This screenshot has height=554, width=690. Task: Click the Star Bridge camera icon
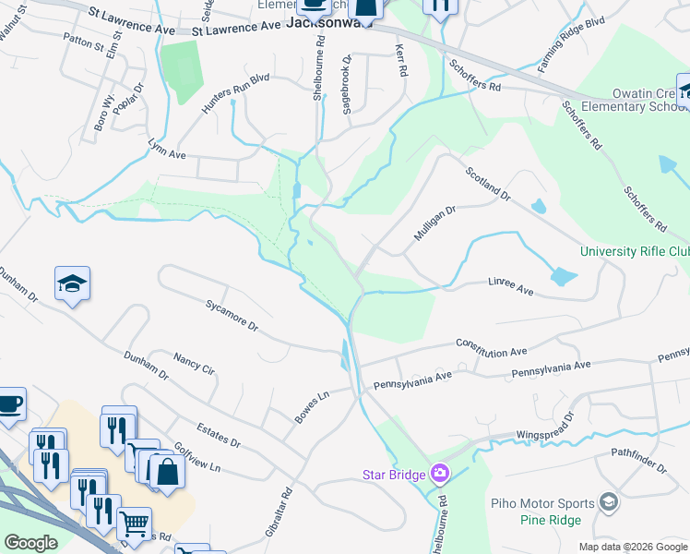click(440, 474)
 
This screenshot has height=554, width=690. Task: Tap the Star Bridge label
click(393, 476)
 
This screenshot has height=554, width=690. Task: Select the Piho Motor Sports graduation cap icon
click(608, 501)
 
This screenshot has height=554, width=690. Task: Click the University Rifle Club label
click(635, 251)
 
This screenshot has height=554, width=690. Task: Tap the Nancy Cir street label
click(194, 363)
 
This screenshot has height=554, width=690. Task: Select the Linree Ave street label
click(510, 290)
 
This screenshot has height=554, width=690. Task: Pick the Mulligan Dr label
click(434, 224)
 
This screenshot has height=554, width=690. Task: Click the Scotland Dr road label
click(488, 184)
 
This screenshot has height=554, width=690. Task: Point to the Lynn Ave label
click(167, 149)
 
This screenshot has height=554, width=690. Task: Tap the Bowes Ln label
click(312, 407)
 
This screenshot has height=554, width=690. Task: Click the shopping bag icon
click(167, 472)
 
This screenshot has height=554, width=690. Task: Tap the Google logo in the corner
click(31, 543)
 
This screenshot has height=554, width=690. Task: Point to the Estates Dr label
click(219, 436)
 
